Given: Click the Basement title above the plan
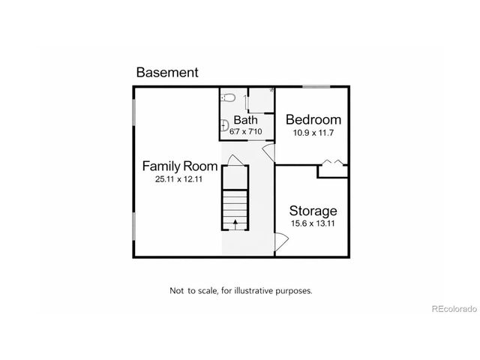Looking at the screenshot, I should tap(166, 73).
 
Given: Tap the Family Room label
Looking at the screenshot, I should tap(180, 166).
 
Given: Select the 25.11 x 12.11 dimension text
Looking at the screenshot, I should tap(180, 180).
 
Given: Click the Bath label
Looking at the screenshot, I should tap(245, 120).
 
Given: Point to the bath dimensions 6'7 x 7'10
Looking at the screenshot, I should tap(245, 131).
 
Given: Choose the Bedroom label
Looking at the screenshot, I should tap(313, 120).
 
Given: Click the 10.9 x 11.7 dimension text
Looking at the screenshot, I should tap(313, 133).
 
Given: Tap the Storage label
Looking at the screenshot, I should tap(313, 211).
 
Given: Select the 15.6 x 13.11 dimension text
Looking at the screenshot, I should tap(313, 223).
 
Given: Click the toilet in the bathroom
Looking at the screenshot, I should tap(229, 97).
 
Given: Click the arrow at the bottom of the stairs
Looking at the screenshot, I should tap(235, 223).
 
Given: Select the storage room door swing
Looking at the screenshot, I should tap(280, 241).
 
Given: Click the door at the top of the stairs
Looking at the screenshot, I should tap(234, 160).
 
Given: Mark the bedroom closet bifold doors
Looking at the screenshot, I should tap(332, 161).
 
